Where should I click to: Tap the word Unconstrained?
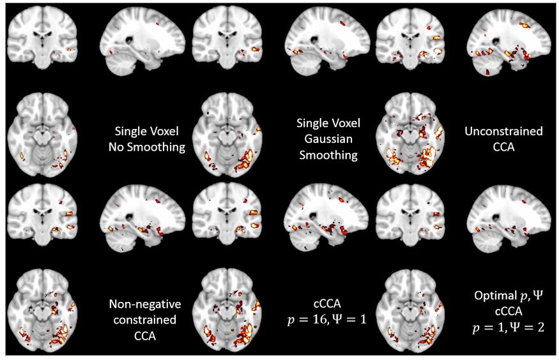504,132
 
